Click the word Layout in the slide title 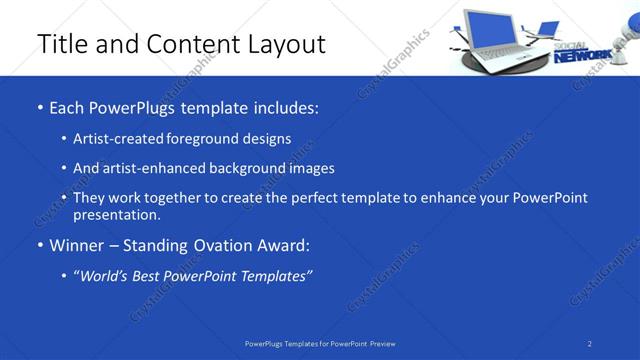pos(284,44)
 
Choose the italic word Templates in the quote pos(274,275)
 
